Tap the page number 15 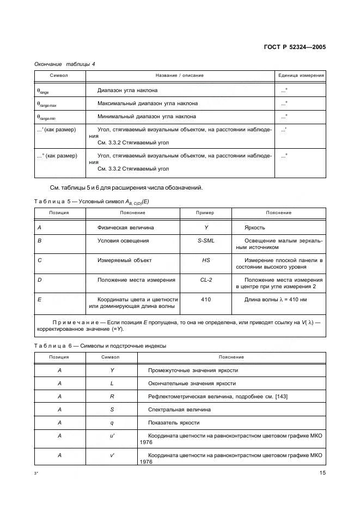(322, 473)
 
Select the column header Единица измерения (301, 75)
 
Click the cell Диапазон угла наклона (127, 90)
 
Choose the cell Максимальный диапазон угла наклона (148, 103)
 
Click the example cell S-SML (206, 240)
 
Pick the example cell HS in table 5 (206, 260)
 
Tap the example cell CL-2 (206, 280)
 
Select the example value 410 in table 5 (206, 300)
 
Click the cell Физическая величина (126, 227)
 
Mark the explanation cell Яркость (255, 227)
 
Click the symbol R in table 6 (111, 397)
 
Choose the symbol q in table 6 (111, 423)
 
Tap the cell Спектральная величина (179, 410)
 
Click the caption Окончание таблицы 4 (65, 64)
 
